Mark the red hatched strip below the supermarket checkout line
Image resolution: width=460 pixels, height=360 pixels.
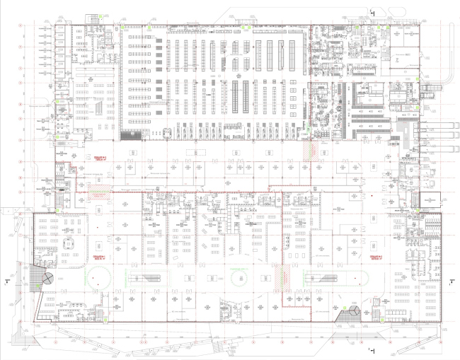pos(306,151)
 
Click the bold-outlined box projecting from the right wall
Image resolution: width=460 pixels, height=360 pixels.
pos(430,200)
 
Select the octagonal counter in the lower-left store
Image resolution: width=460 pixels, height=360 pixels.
pos(69,243)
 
